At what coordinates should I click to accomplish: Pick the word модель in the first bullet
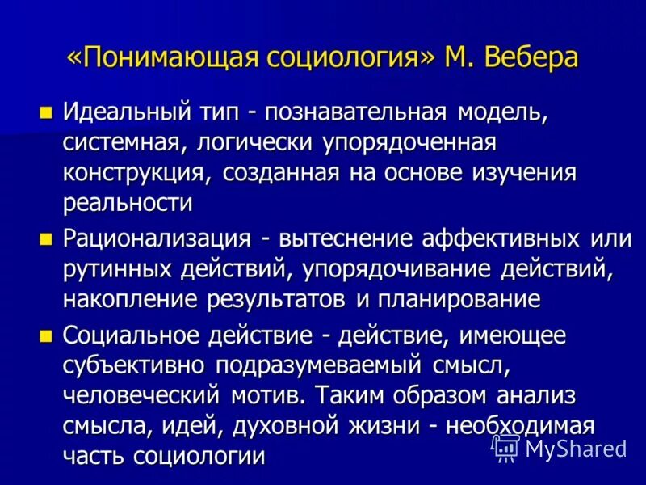click(x=506, y=112)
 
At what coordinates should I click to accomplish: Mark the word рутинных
click(x=114, y=268)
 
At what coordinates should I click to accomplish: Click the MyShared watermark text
click(x=575, y=447)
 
